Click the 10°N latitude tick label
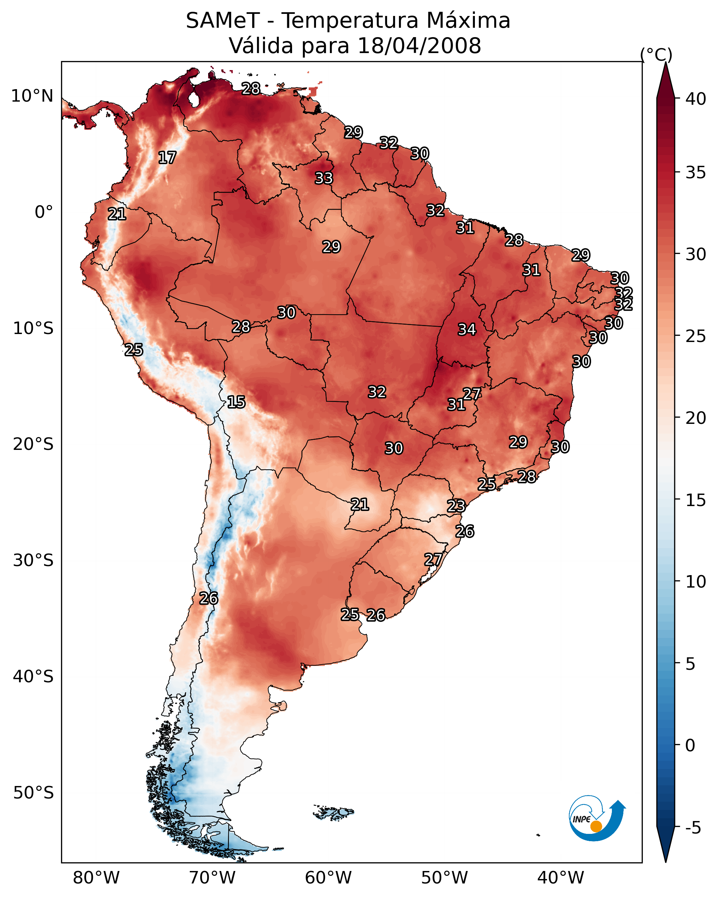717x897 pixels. pos(32,96)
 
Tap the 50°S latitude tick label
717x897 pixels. pos(33,793)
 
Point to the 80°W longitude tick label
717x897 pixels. pos(96,878)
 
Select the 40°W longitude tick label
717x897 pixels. pos(561,878)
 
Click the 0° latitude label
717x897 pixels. pos(44,212)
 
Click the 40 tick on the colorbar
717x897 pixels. pos(696,99)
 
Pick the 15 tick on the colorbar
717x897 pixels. pos(696,500)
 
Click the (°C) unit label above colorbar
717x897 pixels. pos(656,54)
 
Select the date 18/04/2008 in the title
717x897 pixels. pos(419,46)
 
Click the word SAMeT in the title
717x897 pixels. pos(223,21)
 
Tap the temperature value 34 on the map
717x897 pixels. pos(467,330)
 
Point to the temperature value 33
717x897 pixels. pos(324,178)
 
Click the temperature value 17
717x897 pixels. pos(167,158)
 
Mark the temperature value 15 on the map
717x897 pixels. pos(236,402)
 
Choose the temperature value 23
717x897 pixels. pos(456,506)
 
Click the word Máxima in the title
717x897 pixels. pos(468,21)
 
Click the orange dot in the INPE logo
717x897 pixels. pos(596,826)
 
